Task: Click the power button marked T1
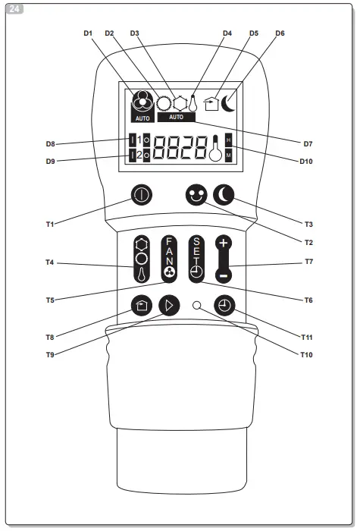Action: tap(142, 194)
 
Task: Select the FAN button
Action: tap(168, 259)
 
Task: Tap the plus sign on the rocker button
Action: tap(224, 244)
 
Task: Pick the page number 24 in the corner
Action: tap(13, 9)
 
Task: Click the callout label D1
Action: tap(88, 33)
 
